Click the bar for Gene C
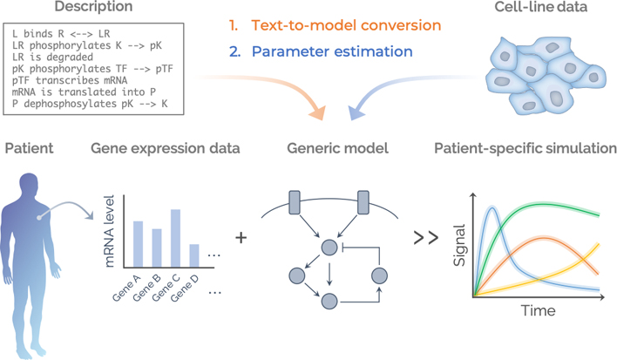pyautogui.click(x=175, y=239)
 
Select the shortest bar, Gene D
pyautogui.click(x=194, y=255)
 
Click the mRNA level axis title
pyautogui.click(x=109, y=231)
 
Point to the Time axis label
pyautogui.click(x=539, y=311)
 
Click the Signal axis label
pyautogui.click(x=459, y=245)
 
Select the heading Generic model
pyautogui.click(x=337, y=148)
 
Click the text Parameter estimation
pyautogui.click(x=332, y=51)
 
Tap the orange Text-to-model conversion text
pyautogui.click(x=346, y=25)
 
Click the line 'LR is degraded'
pyautogui.click(x=53, y=57)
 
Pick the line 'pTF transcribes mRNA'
pyautogui.click(x=70, y=80)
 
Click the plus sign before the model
pyautogui.click(x=241, y=238)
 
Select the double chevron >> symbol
pyautogui.click(x=426, y=238)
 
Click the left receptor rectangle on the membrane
pyautogui.click(x=295, y=202)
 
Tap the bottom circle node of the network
pyautogui.click(x=329, y=302)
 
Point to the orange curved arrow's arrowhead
pyautogui.click(x=318, y=112)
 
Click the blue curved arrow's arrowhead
pyautogui.click(x=356, y=112)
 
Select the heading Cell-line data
pyautogui.click(x=540, y=7)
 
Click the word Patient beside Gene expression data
pyautogui.click(x=29, y=148)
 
